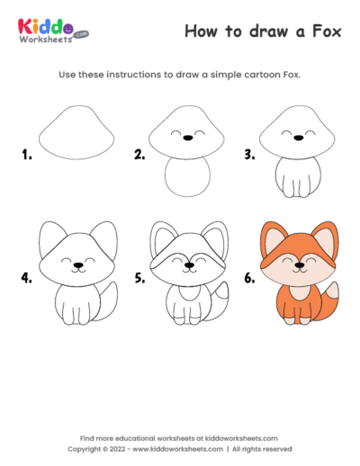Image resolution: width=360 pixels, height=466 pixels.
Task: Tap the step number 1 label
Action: [x=27, y=155]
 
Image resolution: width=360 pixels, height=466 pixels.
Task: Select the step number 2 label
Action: [x=139, y=155]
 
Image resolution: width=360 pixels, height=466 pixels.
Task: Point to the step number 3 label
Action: [x=251, y=155]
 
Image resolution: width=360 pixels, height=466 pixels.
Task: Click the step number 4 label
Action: [x=27, y=278]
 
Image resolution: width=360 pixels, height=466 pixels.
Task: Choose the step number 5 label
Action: [x=139, y=278]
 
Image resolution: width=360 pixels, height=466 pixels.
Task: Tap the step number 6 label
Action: [x=251, y=278]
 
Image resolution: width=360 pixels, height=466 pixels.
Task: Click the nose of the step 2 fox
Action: [x=187, y=139]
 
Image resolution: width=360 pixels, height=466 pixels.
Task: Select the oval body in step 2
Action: [x=187, y=180]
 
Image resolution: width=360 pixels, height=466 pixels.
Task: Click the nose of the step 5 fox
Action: [x=187, y=266]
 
